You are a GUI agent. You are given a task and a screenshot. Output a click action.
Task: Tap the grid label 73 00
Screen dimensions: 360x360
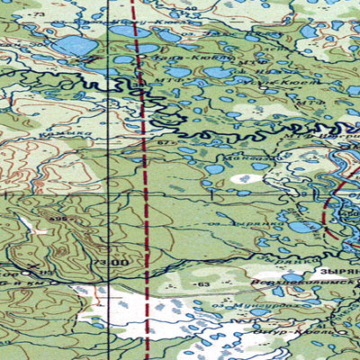(113, 262)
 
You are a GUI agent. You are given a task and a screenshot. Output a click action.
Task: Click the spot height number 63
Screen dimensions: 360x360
(203, 284)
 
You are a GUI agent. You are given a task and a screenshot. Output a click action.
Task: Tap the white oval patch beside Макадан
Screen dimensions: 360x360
(242, 178)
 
